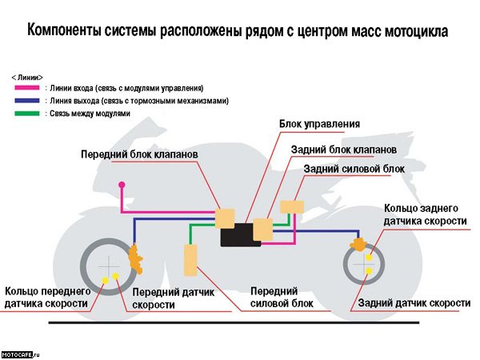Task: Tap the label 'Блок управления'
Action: [x=319, y=125]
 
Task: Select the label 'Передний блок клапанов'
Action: [x=139, y=153]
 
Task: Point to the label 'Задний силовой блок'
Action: [x=354, y=169]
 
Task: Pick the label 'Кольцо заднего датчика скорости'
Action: [x=425, y=214]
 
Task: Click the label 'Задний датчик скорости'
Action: [x=414, y=303]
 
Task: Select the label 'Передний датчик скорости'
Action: [x=173, y=299]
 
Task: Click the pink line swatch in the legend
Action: [x=26, y=86]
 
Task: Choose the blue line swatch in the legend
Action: [x=26, y=101]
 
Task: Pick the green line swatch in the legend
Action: [x=26, y=114]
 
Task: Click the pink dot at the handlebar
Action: [x=122, y=185]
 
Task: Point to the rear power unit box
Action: [x=292, y=206]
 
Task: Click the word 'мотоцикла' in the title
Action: [x=410, y=32]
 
